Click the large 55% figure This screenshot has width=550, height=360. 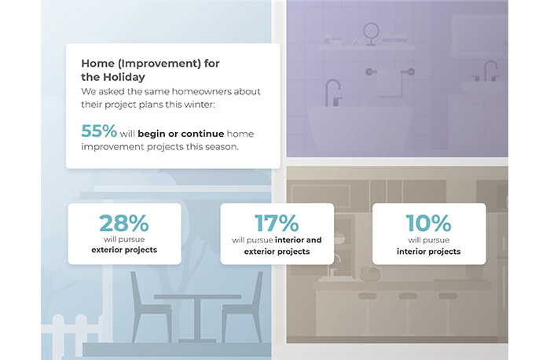[x=99, y=131]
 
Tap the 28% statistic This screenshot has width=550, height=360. [x=124, y=223]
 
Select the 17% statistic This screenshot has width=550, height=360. [x=277, y=223]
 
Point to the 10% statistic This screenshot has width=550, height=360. [x=428, y=223]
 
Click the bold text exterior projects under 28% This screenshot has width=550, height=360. [x=124, y=250]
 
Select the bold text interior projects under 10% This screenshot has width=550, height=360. [x=428, y=252]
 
